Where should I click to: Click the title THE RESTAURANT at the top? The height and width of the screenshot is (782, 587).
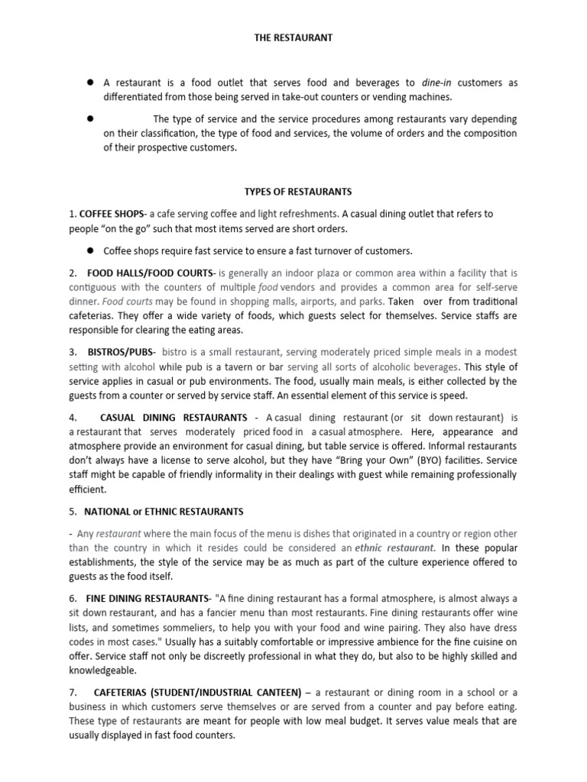click(293, 37)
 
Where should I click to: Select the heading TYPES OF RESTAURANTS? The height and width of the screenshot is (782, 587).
click(293, 192)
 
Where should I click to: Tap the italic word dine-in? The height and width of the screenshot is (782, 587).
click(436, 82)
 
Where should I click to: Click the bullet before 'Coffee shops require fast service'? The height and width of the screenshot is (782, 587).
click(90, 250)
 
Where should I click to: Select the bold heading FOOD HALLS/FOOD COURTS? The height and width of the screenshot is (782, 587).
click(151, 273)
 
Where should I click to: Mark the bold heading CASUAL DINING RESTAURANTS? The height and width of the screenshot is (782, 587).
click(174, 418)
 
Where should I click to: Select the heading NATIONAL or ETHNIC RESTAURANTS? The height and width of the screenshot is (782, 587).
click(164, 511)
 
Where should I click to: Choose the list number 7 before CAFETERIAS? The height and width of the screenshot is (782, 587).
click(71, 692)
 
